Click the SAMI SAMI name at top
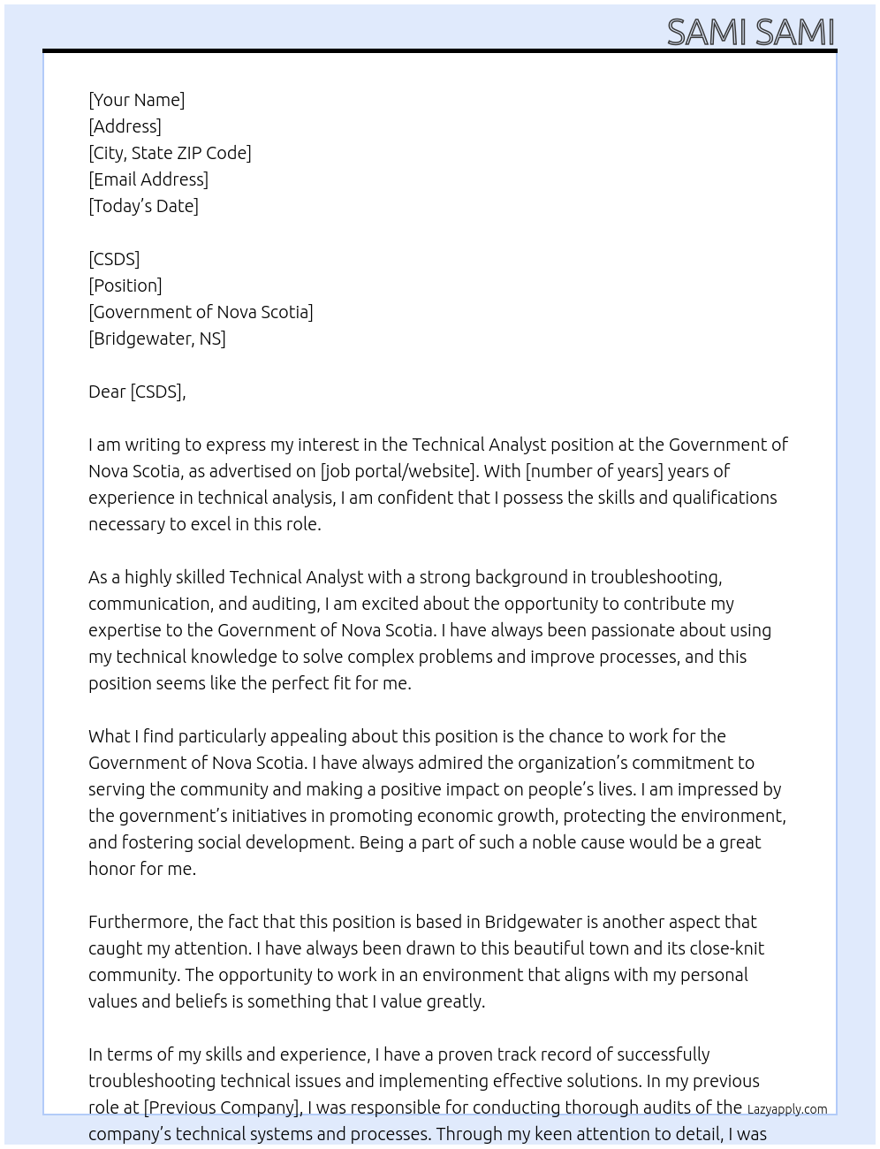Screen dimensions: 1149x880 tap(750, 32)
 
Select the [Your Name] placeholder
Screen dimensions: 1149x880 tap(136, 100)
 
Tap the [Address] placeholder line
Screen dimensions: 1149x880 tap(125, 126)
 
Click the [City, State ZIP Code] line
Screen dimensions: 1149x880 tap(170, 153)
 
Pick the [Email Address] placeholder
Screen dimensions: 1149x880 tap(148, 179)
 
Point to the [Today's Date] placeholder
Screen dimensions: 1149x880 tap(143, 206)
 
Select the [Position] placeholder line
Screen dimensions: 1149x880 tap(125, 285)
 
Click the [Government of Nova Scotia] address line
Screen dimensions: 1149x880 tap(201, 312)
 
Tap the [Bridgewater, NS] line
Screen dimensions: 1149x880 tap(157, 339)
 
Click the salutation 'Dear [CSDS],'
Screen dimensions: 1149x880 tap(137, 392)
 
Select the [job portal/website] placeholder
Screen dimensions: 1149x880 tap(398, 471)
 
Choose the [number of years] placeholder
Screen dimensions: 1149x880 tap(594, 471)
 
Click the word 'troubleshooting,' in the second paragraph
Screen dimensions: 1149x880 tap(656, 577)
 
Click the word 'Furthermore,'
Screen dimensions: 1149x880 tap(140, 922)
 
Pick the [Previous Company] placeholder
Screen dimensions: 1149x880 tap(222, 1107)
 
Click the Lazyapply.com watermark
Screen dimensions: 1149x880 tap(787, 1109)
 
